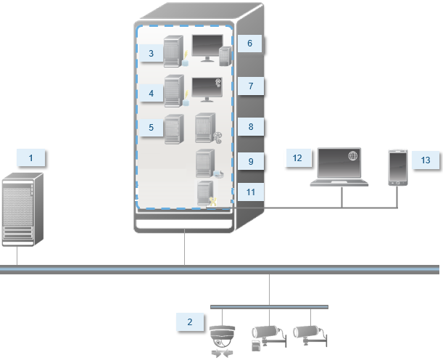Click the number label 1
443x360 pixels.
tap(31, 157)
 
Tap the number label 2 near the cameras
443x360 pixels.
tap(190, 322)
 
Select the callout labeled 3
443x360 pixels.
tap(152, 54)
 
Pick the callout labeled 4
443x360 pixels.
tap(152, 93)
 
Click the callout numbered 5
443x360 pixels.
tap(152, 128)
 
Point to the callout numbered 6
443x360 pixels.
tap(249, 43)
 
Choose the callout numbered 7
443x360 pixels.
tap(250, 86)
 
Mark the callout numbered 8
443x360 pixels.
tap(250, 126)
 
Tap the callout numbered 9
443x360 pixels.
tap(250, 160)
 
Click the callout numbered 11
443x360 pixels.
tap(250, 192)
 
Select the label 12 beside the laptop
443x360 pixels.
tap(298, 157)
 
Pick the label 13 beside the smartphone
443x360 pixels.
tap(426, 160)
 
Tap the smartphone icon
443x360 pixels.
tap(397, 168)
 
